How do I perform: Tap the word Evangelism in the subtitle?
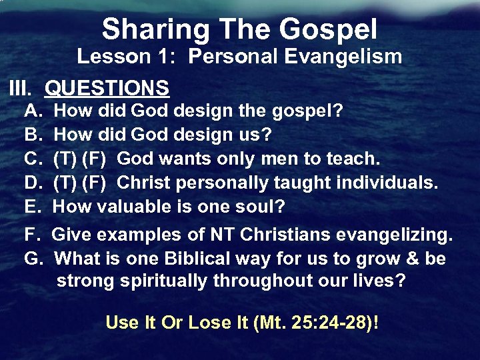(x=344, y=57)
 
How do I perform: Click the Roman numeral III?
(x=19, y=87)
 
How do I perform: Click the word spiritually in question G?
(x=164, y=281)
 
